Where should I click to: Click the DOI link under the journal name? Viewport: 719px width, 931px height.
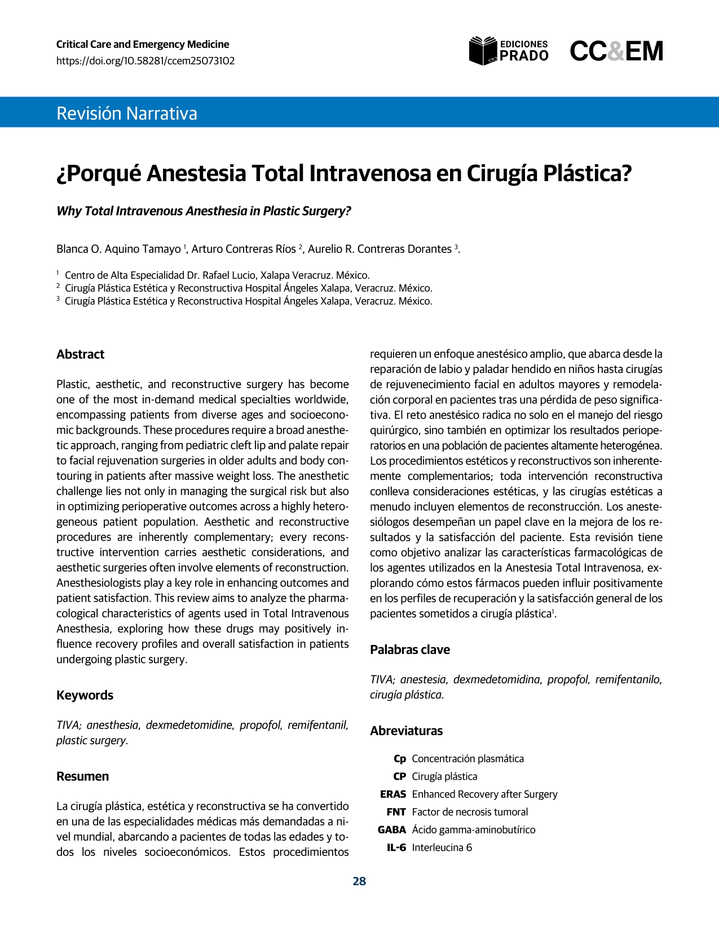[145, 61]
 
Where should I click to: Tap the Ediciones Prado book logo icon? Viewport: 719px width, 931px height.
[483, 51]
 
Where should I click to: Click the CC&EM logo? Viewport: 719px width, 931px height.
[616, 51]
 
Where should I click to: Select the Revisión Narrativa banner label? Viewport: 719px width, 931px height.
[127, 113]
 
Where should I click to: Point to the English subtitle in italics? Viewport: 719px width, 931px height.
[204, 211]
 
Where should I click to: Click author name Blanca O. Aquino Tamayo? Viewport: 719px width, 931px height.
[118, 249]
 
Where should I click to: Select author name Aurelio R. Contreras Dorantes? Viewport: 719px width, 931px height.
[380, 249]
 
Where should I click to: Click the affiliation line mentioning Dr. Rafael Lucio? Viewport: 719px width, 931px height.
[217, 275]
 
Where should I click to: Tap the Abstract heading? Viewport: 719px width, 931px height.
[80, 354]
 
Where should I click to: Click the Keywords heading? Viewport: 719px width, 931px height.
[85, 695]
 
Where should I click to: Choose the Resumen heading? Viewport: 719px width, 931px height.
[82, 776]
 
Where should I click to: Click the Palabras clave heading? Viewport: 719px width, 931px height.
[410, 649]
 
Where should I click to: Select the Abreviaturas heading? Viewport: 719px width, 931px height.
[406, 731]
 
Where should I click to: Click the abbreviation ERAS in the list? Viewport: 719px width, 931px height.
[393, 794]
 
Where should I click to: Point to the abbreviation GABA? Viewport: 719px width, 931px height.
[392, 830]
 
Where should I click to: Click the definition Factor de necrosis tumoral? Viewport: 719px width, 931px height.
[470, 812]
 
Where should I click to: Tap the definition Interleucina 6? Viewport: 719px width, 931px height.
[442, 847]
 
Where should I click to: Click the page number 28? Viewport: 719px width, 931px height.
[359, 881]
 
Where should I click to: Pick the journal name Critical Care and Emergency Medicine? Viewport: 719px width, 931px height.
[143, 45]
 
